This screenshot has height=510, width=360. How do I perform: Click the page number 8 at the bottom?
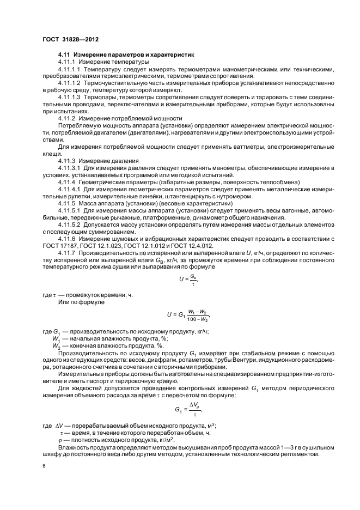(44, 466)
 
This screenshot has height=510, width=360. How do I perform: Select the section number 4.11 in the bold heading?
(64, 56)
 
